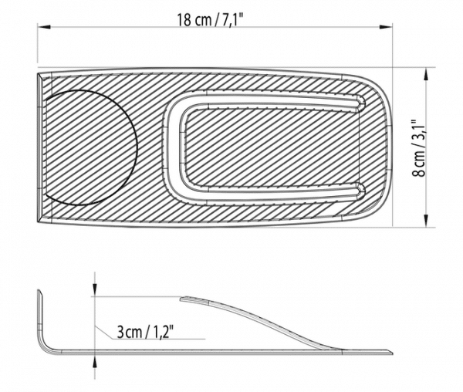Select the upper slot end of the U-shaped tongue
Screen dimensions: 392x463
360,102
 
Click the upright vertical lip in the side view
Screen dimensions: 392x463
39,316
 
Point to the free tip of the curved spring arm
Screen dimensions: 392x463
182,299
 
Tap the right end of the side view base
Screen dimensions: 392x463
389,353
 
